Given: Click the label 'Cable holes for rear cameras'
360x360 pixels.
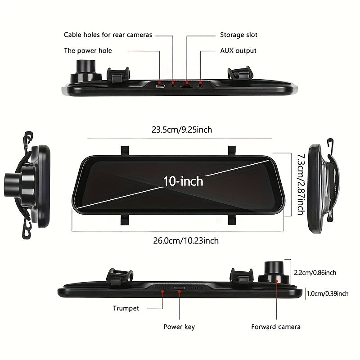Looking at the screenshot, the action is point(108,35).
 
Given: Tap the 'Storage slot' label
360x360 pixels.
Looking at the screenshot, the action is point(238,35).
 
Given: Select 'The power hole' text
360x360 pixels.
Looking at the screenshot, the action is point(88,50).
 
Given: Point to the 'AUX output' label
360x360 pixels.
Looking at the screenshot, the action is point(238,50).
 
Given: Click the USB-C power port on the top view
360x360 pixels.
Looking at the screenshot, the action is point(160,86).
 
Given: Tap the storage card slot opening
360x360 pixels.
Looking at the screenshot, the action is point(186,86).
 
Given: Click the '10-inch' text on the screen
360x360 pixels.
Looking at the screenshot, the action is point(183,181).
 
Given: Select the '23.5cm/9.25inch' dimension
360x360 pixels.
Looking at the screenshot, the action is point(182,130).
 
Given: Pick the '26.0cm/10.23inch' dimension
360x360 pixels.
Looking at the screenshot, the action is point(186,241).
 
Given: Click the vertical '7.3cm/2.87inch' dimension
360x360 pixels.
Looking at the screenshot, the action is point(301,184).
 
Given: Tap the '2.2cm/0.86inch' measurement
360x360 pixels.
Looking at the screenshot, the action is point(315,273).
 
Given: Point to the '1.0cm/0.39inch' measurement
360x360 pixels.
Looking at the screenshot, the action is point(328,293).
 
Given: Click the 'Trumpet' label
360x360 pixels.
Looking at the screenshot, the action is point(126,308).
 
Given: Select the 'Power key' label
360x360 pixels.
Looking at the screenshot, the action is point(179,327).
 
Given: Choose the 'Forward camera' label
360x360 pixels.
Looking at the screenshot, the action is point(276,327).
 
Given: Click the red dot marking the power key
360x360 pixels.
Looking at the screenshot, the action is point(179,291).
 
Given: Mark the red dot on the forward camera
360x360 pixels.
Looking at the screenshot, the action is point(277,281).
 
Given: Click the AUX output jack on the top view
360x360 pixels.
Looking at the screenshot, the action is point(200,86).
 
